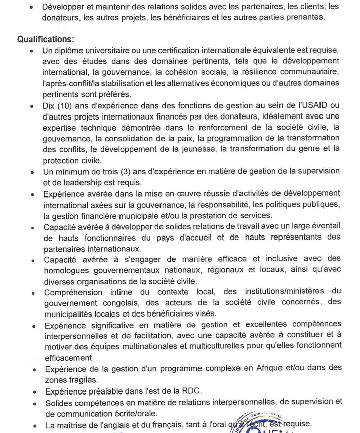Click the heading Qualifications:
click(x=46, y=39)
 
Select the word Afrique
click(x=256, y=368)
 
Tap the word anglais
click(x=115, y=425)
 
